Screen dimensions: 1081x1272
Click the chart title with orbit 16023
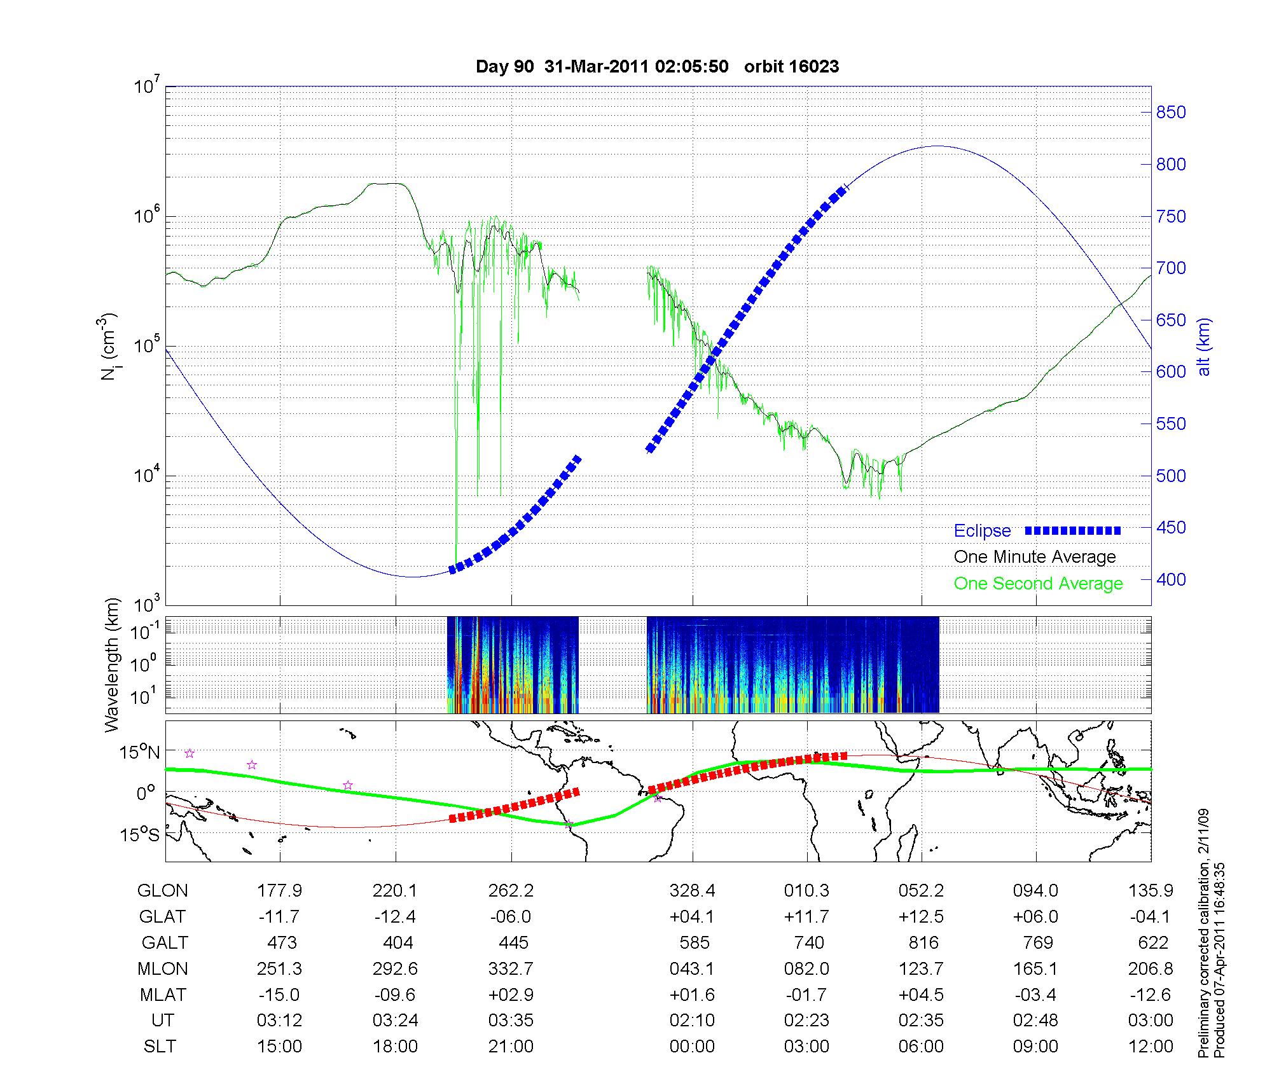tap(657, 67)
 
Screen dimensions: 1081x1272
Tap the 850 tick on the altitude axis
tap(1171, 113)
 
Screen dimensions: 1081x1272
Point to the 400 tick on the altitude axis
tap(1171, 579)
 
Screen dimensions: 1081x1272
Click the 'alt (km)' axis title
tap(1204, 347)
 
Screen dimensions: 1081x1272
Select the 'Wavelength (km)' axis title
tap(113, 664)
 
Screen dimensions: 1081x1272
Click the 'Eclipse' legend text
tap(982, 531)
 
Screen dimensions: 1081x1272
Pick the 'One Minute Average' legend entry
tap(1035, 557)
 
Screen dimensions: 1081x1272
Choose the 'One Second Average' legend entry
tap(1038, 584)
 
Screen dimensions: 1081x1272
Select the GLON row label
tap(162, 890)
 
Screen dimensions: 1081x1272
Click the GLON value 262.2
tap(511, 890)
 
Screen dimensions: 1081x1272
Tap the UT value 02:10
tap(692, 1020)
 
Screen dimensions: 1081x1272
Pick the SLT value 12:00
tap(1151, 1046)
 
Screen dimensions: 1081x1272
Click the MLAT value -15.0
tap(279, 995)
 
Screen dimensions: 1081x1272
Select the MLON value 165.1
tap(1035, 968)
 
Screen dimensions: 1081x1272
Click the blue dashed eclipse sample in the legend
tap(1073, 530)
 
